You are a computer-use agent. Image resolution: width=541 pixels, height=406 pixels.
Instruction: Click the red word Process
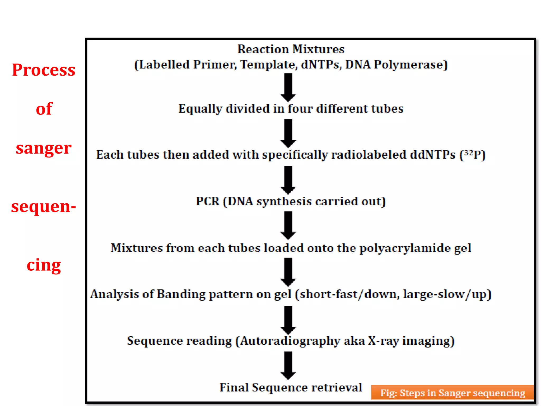click(44, 70)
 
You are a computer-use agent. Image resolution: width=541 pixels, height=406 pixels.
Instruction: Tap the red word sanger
click(44, 148)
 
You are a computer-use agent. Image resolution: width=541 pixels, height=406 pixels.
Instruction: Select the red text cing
click(44, 265)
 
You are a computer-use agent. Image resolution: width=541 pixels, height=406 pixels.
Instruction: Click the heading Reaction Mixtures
click(291, 49)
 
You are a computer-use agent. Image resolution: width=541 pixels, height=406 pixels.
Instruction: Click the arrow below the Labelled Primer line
click(288, 87)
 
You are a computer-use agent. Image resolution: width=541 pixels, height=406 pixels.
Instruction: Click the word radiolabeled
click(369, 155)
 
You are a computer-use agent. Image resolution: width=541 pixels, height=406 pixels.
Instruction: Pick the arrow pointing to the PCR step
click(288, 180)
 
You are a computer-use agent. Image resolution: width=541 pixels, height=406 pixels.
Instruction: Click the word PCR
click(208, 201)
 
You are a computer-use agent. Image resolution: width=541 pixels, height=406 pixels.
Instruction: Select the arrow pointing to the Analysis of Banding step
click(288, 272)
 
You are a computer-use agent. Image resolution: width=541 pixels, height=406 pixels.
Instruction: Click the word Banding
click(181, 294)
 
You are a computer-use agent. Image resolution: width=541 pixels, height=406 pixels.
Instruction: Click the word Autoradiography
click(290, 341)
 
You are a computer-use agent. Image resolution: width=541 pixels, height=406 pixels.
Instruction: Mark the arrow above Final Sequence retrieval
click(288, 365)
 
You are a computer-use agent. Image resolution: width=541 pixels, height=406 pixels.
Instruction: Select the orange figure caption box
click(452, 393)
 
